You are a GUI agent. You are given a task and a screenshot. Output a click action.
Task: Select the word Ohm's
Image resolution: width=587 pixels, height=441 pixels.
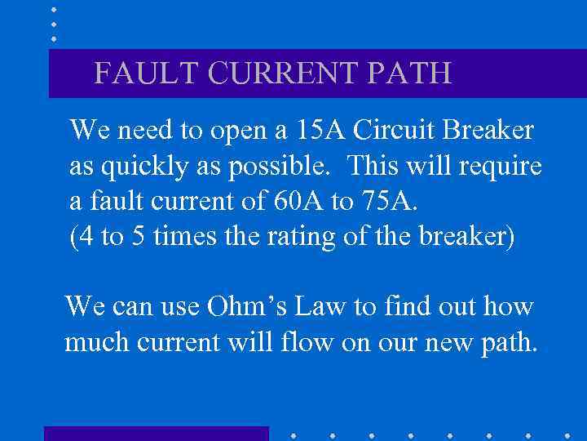(281, 307)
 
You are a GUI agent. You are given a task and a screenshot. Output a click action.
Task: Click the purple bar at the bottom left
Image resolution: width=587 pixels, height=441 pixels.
(156, 433)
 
